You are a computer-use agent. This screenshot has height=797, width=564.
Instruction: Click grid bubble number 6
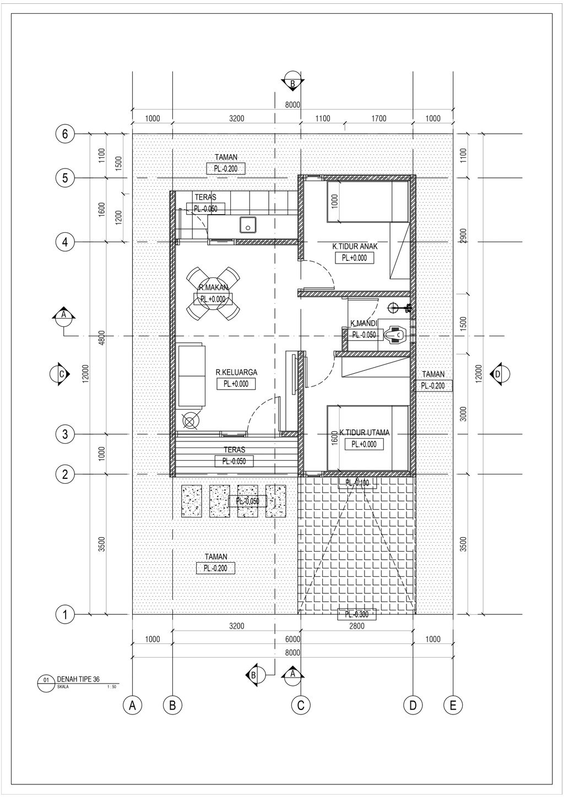65,134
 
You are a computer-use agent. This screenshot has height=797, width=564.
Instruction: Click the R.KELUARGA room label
236,373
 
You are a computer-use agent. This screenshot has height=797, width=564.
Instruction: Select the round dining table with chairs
213,294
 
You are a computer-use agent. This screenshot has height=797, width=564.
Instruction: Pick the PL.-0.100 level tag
357,483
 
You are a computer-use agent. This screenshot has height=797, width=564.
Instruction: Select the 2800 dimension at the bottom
357,626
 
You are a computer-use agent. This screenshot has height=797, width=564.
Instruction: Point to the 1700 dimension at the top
379,118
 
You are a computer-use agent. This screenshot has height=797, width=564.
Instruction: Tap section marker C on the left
61,373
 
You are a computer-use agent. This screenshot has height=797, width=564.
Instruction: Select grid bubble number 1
65,614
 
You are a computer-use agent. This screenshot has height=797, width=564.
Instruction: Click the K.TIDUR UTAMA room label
364,433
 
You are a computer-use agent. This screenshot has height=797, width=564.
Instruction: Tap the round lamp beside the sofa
189,422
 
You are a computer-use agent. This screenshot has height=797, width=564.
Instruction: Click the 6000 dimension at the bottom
292,639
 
